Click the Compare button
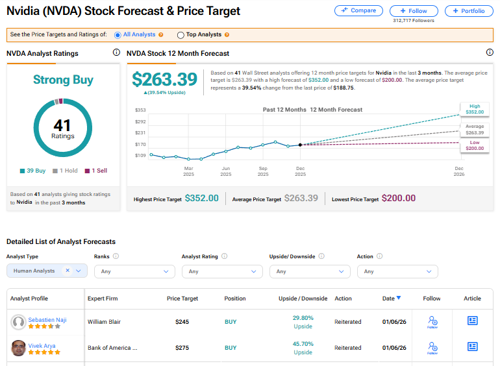coord(358,11)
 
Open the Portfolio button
coord(469,11)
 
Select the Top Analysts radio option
coord(181,35)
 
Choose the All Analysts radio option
coord(118,35)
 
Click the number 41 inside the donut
coord(63,125)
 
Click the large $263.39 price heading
coord(164,79)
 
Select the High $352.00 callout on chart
coord(474,109)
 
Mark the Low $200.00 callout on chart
coord(474,145)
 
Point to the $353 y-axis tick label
coord(140,110)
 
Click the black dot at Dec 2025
coord(300,145)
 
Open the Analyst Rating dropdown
coord(219,271)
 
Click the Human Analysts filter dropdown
coord(47,271)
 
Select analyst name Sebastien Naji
coord(47,319)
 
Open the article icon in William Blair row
coord(473,321)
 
